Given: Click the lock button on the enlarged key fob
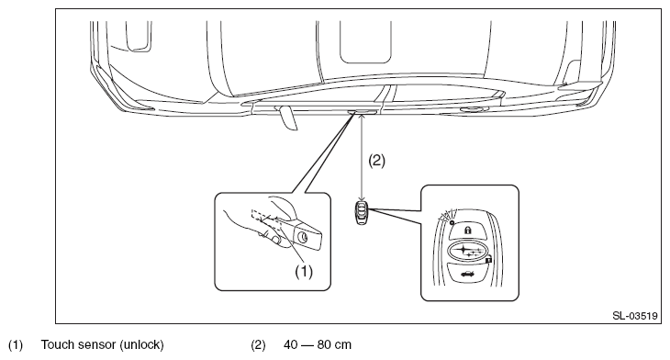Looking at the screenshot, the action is tap(467, 231).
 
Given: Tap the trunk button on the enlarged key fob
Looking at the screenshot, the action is tap(467, 273).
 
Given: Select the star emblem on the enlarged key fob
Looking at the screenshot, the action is tap(467, 251).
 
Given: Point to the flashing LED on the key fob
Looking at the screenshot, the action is tap(452, 222).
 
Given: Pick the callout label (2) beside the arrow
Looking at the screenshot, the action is tap(377, 161).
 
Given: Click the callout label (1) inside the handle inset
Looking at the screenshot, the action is tap(304, 271).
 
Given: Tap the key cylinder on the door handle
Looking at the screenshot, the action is tap(304, 237).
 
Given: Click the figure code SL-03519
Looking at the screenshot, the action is tap(635, 316).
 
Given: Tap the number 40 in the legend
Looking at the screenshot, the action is tap(291, 344).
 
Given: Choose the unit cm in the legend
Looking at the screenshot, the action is tap(342, 345).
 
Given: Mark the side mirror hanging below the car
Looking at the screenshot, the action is tap(286, 118).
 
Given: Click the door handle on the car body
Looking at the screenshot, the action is tap(363, 112).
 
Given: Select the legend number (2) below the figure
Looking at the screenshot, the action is tap(258, 344).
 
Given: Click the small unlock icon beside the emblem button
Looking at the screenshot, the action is tap(489, 260).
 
